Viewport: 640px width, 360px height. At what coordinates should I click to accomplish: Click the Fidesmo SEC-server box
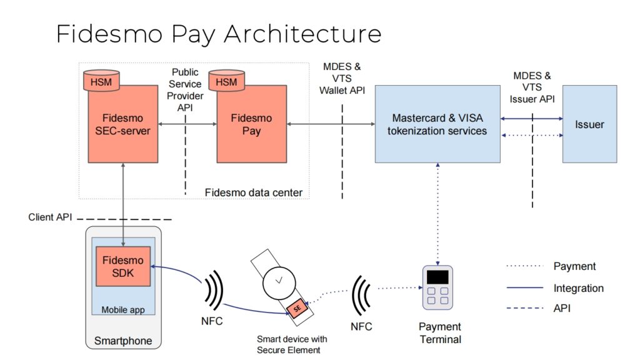122,128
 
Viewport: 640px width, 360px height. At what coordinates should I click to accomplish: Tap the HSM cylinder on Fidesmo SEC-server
101,80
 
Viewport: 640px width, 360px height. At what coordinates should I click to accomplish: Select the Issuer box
589,124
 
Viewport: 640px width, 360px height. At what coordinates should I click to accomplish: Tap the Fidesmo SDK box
123,265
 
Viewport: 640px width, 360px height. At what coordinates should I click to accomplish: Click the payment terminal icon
437,287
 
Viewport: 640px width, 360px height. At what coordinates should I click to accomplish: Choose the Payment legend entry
574,266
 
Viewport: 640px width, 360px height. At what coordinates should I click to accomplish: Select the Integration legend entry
578,288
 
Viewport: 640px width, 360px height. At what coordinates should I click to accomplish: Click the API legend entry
562,308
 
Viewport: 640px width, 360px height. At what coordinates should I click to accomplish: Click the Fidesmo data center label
254,192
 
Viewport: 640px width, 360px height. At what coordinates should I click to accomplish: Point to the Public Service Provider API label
186,89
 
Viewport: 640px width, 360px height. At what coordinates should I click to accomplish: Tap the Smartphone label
122,341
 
